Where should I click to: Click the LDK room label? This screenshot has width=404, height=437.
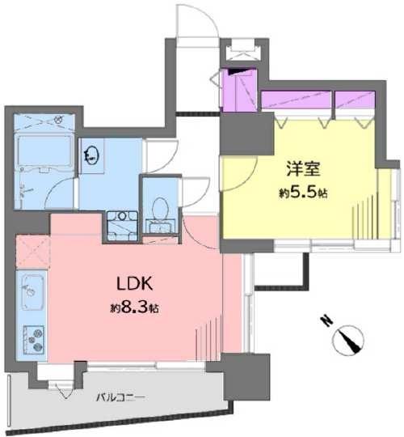[134, 283]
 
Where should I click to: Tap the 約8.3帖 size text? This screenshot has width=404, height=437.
[134, 308]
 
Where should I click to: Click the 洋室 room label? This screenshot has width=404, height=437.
[303, 168]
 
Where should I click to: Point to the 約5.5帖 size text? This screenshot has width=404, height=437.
[303, 193]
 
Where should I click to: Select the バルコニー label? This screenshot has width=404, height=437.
[120, 397]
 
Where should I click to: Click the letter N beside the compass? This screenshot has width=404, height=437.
[326, 321]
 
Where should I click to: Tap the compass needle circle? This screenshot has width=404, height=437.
[347, 340]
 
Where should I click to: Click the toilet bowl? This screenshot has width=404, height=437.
[161, 208]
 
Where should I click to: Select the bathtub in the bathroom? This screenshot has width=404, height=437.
[44, 152]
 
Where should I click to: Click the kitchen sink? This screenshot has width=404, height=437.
[32, 292]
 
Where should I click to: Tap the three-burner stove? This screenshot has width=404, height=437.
[34, 339]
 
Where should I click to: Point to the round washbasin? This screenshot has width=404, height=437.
[91, 155]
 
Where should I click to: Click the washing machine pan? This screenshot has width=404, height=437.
[123, 226]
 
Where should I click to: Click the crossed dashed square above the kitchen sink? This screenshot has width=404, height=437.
[33, 252]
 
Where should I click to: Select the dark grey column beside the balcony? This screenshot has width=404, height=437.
[246, 377]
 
